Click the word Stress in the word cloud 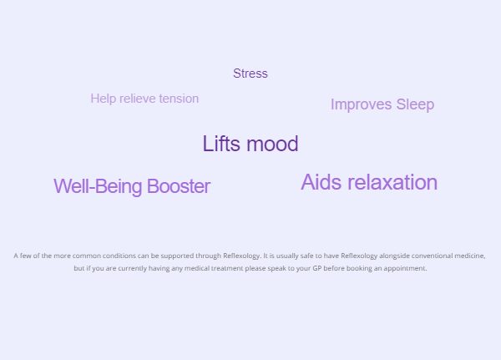[x=250, y=74]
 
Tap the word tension [x=179, y=99]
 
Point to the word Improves [x=361, y=105]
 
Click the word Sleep [x=415, y=105]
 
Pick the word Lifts [x=221, y=144]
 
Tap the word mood [x=272, y=145]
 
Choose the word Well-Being [x=98, y=186]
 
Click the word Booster [x=179, y=186]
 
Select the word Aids [x=321, y=182]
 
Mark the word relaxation [x=392, y=182]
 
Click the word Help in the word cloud [x=104, y=99]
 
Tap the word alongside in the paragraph [x=394, y=256]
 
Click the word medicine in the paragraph [x=469, y=256]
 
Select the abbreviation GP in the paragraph [x=317, y=268]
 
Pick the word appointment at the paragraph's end [x=405, y=268]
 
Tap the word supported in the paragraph [x=177, y=256]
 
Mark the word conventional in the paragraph [x=432, y=256]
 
